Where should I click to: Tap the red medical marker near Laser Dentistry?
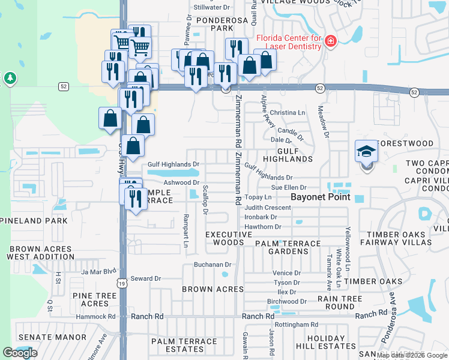click(x=330, y=41)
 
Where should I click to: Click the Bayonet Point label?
click(x=320, y=197)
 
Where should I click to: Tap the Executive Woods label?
click(x=229, y=238)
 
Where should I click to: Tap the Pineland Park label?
click(x=34, y=221)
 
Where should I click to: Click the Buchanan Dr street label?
click(x=212, y=265)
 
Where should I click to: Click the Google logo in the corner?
click(x=20, y=353)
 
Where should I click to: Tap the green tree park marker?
click(x=9, y=79)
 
